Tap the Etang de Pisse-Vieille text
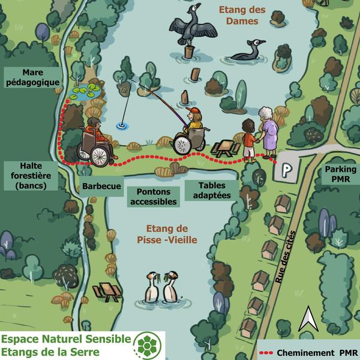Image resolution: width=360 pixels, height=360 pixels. point(171,235)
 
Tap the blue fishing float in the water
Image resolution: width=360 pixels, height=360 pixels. point(122,125)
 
